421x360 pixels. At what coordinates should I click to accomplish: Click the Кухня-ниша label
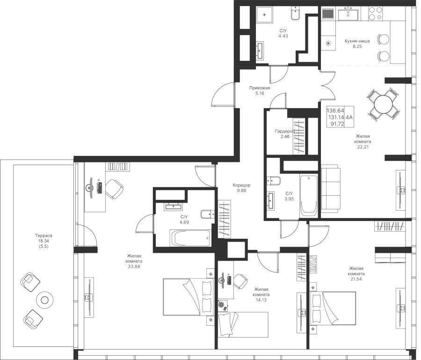(x=357, y=41)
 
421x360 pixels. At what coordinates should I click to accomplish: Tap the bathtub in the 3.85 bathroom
(x=309, y=195)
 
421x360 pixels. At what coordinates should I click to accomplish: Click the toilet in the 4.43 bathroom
(x=295, y=15)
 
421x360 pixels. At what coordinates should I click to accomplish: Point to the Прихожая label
(x=259, y=88)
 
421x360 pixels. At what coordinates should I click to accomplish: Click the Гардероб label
(x=283, y=132)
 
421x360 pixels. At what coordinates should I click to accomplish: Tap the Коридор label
(x=242, y=185)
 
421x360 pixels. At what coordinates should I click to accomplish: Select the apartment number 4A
(x=350, y=117)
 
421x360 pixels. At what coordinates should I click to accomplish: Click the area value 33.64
(x=134, y=266)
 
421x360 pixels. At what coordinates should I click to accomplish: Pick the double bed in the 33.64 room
(x=187, y=294)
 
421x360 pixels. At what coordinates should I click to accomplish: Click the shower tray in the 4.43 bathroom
(x=265, y=15)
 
